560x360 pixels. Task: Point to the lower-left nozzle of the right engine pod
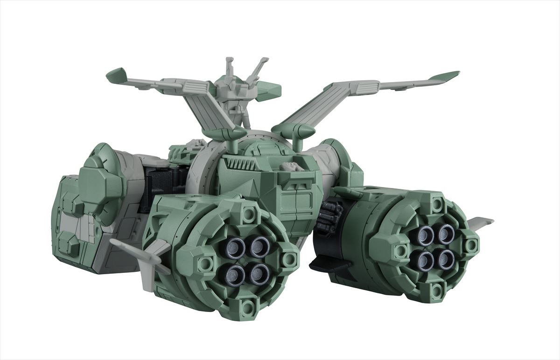pos(425,258)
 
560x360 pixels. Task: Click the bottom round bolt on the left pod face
pos(250,305)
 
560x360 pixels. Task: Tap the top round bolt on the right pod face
pos(437,203)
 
